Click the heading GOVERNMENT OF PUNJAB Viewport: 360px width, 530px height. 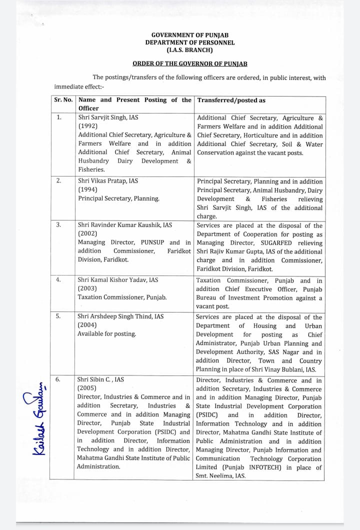click(x=189, y=35)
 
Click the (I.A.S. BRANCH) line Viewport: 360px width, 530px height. click(x=189, y=50)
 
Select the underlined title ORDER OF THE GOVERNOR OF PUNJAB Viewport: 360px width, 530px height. click(x=189, y=64)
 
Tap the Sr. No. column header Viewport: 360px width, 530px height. click(x=63, y=100)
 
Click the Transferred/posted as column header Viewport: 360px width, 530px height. click(x=231, y=100)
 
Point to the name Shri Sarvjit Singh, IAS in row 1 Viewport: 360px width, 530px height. click(x=108, y=117)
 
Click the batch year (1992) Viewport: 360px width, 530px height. click(x=87, y=126)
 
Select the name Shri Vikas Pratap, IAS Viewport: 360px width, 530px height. click(x=107, y=181)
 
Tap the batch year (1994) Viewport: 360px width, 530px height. click(x=87, y=189)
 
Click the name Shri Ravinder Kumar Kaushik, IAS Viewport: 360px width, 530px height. click(x=124, y=225)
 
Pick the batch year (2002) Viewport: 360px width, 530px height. click(x=87, y=233)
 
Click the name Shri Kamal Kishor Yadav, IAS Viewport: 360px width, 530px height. click(x=117, y=280)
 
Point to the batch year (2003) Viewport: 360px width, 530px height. click(x=87, y=288)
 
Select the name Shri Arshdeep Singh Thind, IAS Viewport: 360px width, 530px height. click(x=120, y=316)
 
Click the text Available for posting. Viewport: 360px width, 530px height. click(x=106, y=333)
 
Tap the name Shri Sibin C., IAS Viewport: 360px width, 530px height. click(x=100, y=379)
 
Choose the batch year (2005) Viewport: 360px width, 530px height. click(x=87, y=388)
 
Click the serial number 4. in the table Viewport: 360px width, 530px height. click(x=58, y=280)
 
